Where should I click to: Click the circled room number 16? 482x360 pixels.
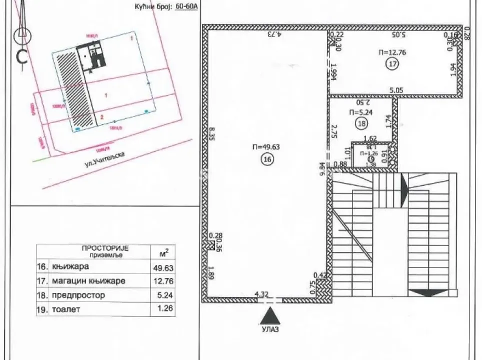(x=266, y=159)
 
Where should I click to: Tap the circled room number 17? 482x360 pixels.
(x=392, y=63)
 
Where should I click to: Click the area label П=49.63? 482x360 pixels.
(x=265, y=147)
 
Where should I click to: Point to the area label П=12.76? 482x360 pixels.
(x=391, y=52)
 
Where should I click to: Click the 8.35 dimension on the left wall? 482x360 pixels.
(x=212, y=135)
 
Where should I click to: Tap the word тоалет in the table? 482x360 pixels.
(x=66, y=309)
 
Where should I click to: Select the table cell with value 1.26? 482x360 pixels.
(x=164, y=308)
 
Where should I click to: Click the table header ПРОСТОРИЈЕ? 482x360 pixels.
(x=105, y=248)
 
